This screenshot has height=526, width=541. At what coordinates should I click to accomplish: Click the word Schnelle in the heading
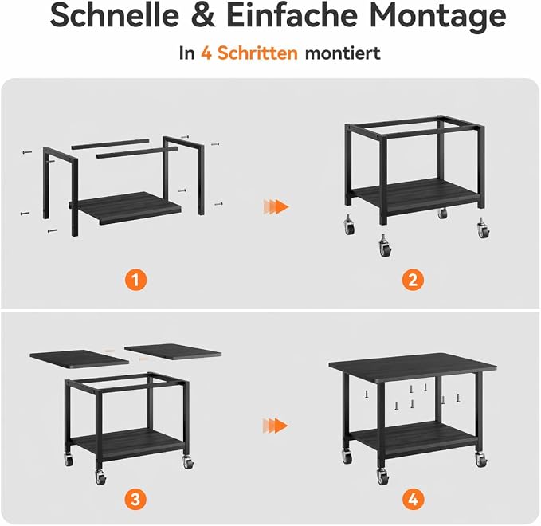pos(115,15)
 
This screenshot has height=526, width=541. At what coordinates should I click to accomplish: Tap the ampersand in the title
pos(205,16)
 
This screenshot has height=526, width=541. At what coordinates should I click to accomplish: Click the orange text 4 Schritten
pos(249,53)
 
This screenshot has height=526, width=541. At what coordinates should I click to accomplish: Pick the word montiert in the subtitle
pos(343,53)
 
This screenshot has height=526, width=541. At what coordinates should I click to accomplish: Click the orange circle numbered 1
pos(135,279)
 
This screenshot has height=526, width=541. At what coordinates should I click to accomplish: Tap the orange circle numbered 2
pos(413,279)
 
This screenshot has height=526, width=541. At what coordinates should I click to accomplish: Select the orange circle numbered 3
pos(135,499)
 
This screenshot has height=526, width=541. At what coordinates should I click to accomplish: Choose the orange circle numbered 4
pos(413,499)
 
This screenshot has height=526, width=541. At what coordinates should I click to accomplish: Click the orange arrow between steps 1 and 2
pos(276,206)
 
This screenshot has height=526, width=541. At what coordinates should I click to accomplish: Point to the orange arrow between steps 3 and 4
pos(275,426)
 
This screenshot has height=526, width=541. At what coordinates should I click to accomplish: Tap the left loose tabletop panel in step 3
pos(80,359)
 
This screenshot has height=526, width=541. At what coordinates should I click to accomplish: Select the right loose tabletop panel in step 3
pos(173,352)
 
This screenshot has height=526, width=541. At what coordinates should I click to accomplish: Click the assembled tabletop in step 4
pos(413,367)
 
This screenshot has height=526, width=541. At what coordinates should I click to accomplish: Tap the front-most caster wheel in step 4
pos(382,477)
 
